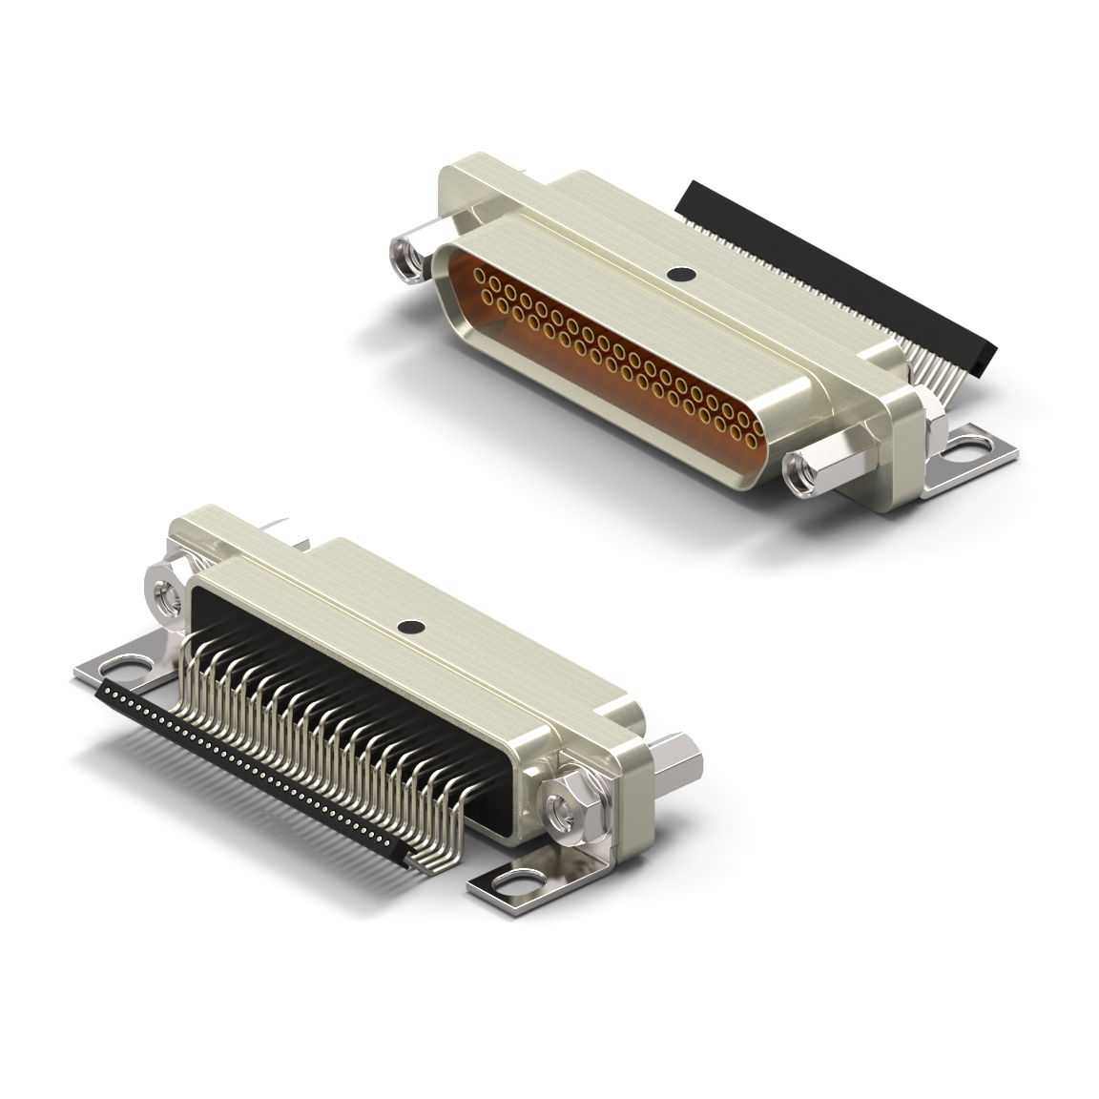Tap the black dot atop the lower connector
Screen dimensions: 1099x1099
(x=410, y=628)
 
